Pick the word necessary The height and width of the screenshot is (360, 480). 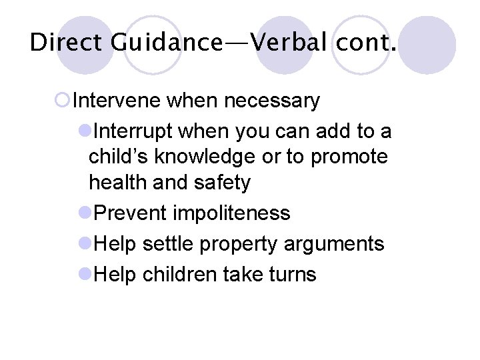272,101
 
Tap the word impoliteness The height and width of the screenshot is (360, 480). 231,213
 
